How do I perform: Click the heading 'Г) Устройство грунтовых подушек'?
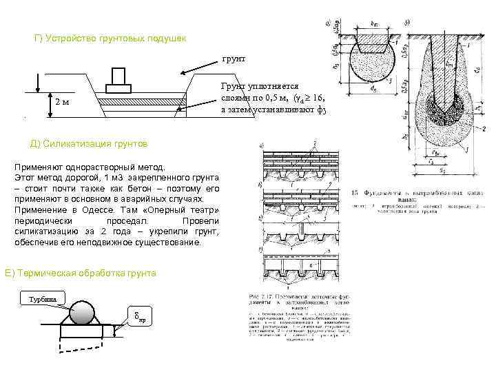coord(110,37)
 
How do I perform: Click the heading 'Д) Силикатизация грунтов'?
coord(90,143)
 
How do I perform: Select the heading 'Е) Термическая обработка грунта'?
coord(81,273)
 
